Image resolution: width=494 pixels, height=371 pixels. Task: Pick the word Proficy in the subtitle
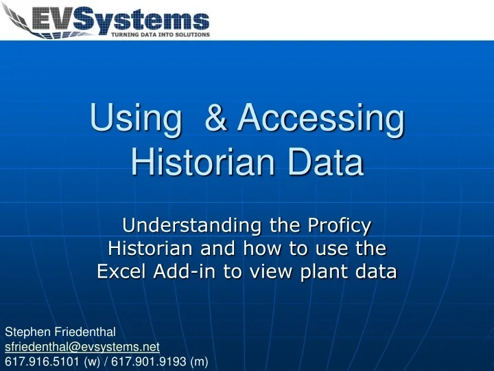pyautogui.click(x=337, y=225)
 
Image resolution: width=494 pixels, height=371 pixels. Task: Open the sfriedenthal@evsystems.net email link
pyautogui.click(x=82, y=348)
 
